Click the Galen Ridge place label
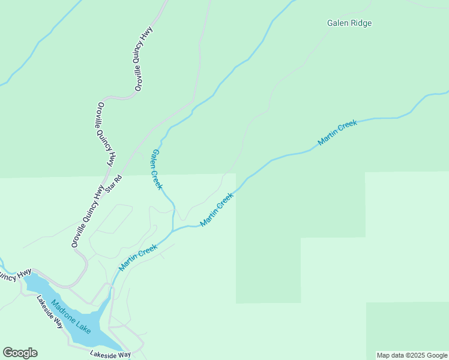tap(349, 23)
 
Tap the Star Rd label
tap(113, 184)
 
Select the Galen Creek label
tap(157, 169)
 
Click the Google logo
tap(20, 353)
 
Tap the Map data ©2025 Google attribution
tap(412, 355)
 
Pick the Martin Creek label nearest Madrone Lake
tap(138, 257)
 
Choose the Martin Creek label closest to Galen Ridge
tap(337, 133)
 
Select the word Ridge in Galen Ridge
tap(361, 23)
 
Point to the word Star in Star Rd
tap(110, 188)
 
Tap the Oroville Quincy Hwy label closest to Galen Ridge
tap(143, 59)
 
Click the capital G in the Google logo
tap(8, 353)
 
